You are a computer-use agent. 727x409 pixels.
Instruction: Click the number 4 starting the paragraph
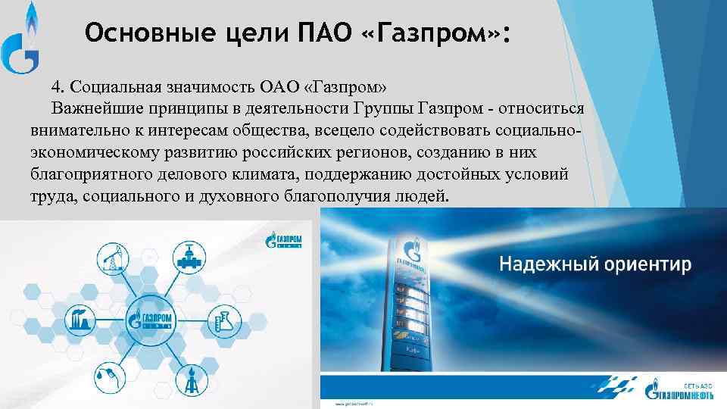[x=55, y=83]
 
